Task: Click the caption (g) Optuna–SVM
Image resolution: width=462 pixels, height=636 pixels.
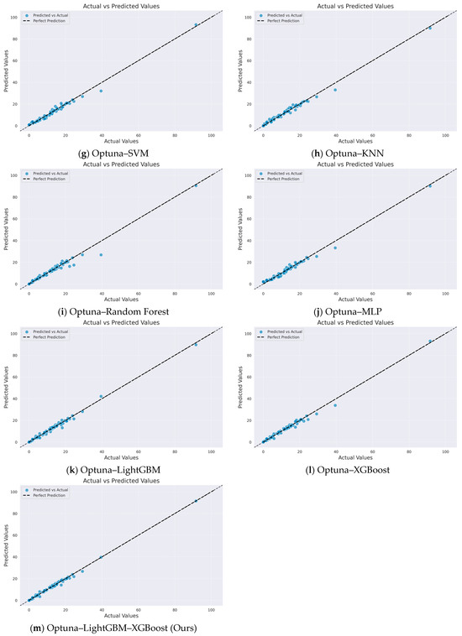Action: [x=114, y=152]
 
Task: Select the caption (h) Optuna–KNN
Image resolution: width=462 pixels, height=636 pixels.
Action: [x=347, y=152]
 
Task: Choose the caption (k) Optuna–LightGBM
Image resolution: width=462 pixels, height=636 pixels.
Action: [x=114, y=469]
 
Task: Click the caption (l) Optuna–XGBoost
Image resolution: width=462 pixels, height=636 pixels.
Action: [x=347, y=469]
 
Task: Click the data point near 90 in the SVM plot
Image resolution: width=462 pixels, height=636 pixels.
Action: [x=196, y=25]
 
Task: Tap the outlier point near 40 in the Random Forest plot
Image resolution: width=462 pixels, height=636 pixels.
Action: [x=101, y=254]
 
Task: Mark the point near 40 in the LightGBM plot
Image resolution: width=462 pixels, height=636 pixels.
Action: [x=101, y=396]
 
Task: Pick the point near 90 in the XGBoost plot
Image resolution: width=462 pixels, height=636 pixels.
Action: [x=429, y=341]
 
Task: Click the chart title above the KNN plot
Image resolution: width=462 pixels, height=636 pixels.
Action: [x=347, y=6]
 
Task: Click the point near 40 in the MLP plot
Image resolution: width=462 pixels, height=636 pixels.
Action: [x=335, y=248]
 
